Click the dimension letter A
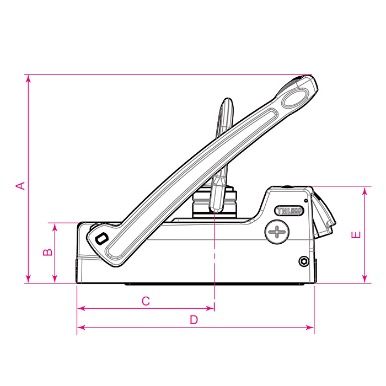click(x=20, y=185)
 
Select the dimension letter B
click(x=48, y=252)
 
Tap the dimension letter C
click(x=146, y=301)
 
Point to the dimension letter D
click(x=194, y=319)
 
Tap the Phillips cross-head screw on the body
click(x=276, y=230)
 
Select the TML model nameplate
click(x=288, y=211)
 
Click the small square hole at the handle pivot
click(x=100, y=239)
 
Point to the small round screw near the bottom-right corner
click(x=303, y=260)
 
